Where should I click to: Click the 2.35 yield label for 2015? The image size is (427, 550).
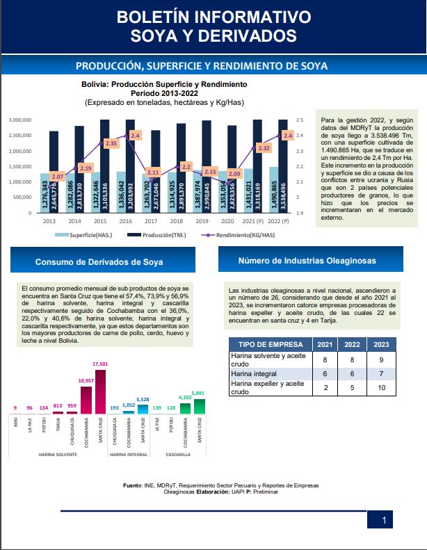(x=111, y=143)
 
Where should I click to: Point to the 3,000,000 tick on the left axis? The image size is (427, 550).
(x=19, y=120)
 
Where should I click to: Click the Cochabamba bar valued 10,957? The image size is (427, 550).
(x=86, y=400)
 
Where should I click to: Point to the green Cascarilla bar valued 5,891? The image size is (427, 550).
(x=200, y=403)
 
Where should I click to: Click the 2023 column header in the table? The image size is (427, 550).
(x=382, y=344)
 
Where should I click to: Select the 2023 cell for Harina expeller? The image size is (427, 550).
(x=382, y=387)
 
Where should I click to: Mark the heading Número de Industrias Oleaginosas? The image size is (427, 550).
(x=306, y=261)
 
